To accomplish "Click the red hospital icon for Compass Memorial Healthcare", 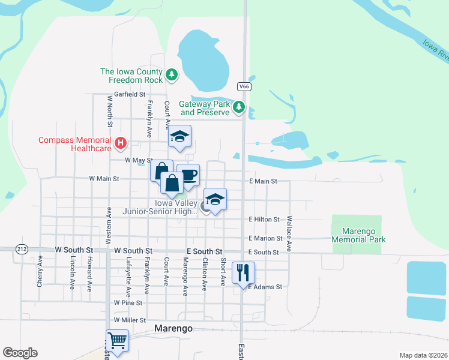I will click(x=121, y=143).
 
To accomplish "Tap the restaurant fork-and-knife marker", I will click(x=243, y=272).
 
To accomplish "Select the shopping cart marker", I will click(x=117, y=341).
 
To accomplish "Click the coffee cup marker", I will click(x=188, y=175).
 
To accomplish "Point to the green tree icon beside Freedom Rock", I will click(x=172, y=74).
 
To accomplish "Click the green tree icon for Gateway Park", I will click(x=239, y=107).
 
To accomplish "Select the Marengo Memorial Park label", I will click(x=359, y=235).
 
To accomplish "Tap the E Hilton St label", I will click(x=264, y=220).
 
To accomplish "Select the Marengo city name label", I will click(x=173, y=328).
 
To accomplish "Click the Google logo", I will click(x=20, y=353).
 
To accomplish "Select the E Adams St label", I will click(x=265, y=287).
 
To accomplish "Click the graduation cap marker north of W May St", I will click(x=179, y=136).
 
